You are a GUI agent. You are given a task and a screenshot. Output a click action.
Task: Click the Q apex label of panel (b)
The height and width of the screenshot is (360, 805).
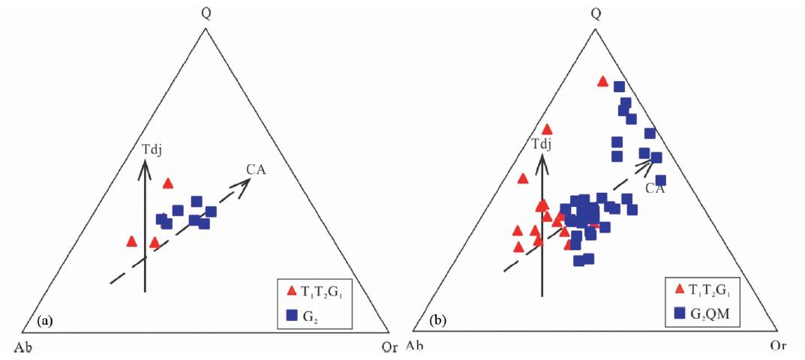pos(596,13)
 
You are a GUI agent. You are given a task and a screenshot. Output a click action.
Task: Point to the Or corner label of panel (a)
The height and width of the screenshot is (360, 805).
pos(389,347)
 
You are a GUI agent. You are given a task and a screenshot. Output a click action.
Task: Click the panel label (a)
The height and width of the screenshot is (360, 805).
pos(45,322)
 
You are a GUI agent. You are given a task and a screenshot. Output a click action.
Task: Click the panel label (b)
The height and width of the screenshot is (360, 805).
pos(437,321)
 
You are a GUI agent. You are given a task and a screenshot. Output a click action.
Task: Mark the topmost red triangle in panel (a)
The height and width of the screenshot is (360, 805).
pos(168,183)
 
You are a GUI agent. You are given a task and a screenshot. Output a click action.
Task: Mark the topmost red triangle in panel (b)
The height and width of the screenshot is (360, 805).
pos(602,81)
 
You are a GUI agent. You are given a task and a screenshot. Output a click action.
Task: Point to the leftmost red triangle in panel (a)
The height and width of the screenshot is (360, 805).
pos(132,241)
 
